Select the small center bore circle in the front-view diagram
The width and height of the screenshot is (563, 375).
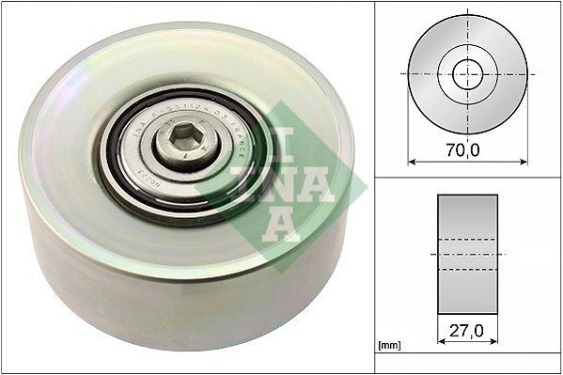pyautogui.click(x=467, y=73)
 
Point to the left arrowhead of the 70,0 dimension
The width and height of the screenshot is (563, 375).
pyautogui.click(x=411, y=161)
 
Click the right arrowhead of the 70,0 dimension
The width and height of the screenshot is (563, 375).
pyautogui.click(x=524, y=161)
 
